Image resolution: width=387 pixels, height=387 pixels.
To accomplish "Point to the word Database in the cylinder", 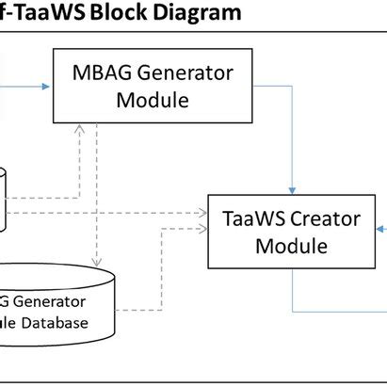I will [x=58, y=323].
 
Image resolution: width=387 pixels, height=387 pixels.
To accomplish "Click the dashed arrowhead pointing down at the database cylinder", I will [x=94, y=261].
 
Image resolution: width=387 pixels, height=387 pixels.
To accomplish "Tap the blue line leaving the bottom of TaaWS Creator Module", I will [x=294, y=292].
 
